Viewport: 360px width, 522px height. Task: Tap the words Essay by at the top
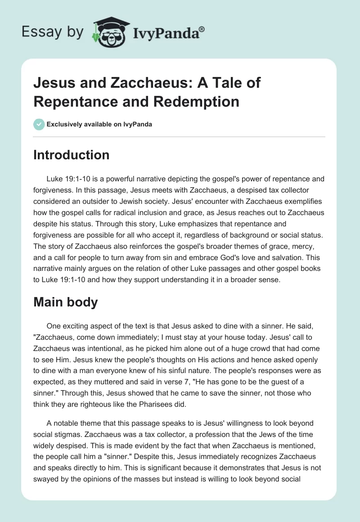(52, 32)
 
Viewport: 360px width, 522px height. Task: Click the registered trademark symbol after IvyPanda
(202, 29)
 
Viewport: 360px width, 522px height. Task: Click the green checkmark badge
(39, 124)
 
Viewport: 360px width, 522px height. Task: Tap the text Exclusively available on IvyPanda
(99, 124)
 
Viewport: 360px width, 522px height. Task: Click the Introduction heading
(71, 155)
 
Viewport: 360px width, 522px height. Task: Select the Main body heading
(66, 302)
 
